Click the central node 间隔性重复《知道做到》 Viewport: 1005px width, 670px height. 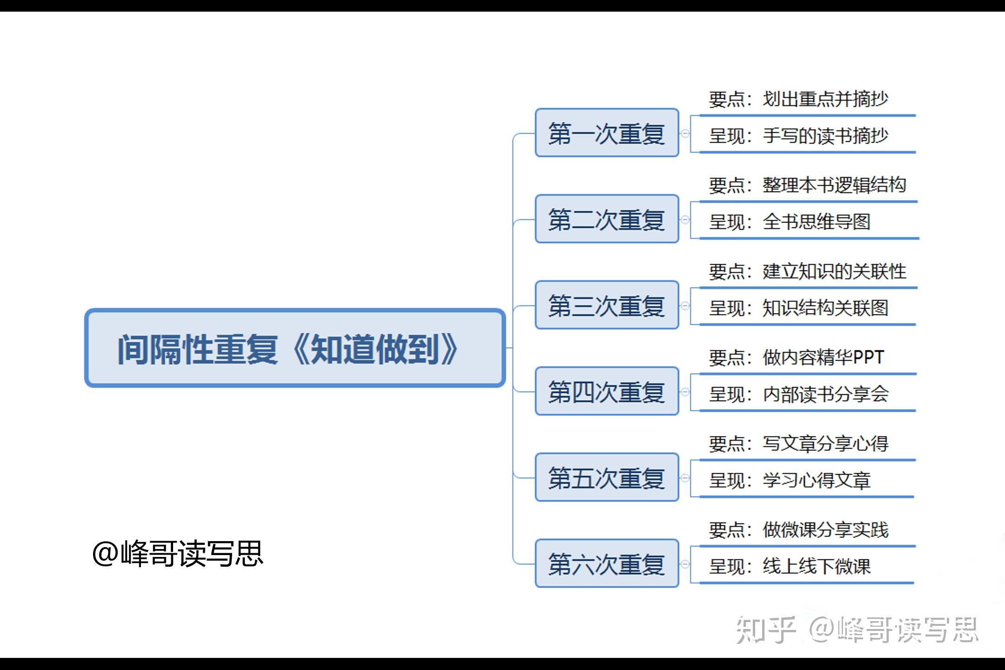[295, 348]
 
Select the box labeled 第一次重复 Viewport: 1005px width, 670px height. [607, 133]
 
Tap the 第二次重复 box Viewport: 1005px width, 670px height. [607, 219]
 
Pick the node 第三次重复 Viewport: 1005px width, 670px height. [607, 305]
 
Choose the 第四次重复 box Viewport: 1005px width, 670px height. [607, 391]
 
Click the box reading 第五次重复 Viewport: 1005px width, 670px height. [607, 477]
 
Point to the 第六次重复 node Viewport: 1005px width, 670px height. [607, 563]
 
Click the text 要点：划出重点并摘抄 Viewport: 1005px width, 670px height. [798, 99]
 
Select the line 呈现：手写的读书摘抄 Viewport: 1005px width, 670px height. [798, 136]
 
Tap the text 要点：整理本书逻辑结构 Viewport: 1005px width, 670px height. [807, 185]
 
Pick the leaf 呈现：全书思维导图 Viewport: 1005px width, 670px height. [790, 222]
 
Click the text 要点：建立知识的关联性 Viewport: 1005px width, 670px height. [807, 271]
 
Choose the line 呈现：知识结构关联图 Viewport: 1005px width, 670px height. [798, 308]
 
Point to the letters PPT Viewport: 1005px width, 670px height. [868, 357]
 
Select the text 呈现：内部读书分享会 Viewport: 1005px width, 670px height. [798, 394]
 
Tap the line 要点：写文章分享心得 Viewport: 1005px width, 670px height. [798, 443]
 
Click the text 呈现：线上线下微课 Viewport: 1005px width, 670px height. [790, 566]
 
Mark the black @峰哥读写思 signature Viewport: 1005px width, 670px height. [178, 554]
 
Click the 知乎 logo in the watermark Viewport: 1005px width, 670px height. [765, 630]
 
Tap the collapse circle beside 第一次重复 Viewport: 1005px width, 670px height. [685, 134]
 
